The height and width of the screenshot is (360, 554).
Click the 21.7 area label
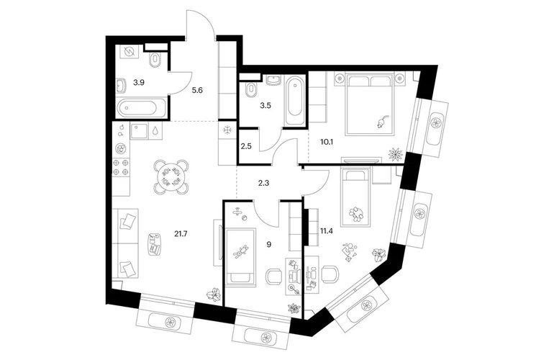point(181,233)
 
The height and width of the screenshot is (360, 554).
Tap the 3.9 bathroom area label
point(138,83)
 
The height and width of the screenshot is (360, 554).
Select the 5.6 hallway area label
point(197,90)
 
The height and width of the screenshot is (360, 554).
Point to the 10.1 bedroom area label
point(327,142)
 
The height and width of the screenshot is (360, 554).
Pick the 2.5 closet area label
point(246,146)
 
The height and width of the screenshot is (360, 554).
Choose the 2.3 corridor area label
point(264,183)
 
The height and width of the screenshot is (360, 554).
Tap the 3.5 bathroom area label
point(265,105)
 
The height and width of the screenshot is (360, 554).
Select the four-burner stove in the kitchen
point(121,167)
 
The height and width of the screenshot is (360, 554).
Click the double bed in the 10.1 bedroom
point(371,104)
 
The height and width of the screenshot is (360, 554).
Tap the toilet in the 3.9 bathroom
point(155,59)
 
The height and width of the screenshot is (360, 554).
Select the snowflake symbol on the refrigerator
point(227,130)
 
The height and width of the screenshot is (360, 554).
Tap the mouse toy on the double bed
point(382,121)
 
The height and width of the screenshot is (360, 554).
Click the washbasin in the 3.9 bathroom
point(121,85)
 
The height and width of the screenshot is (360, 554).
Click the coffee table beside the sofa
point(154,244)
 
